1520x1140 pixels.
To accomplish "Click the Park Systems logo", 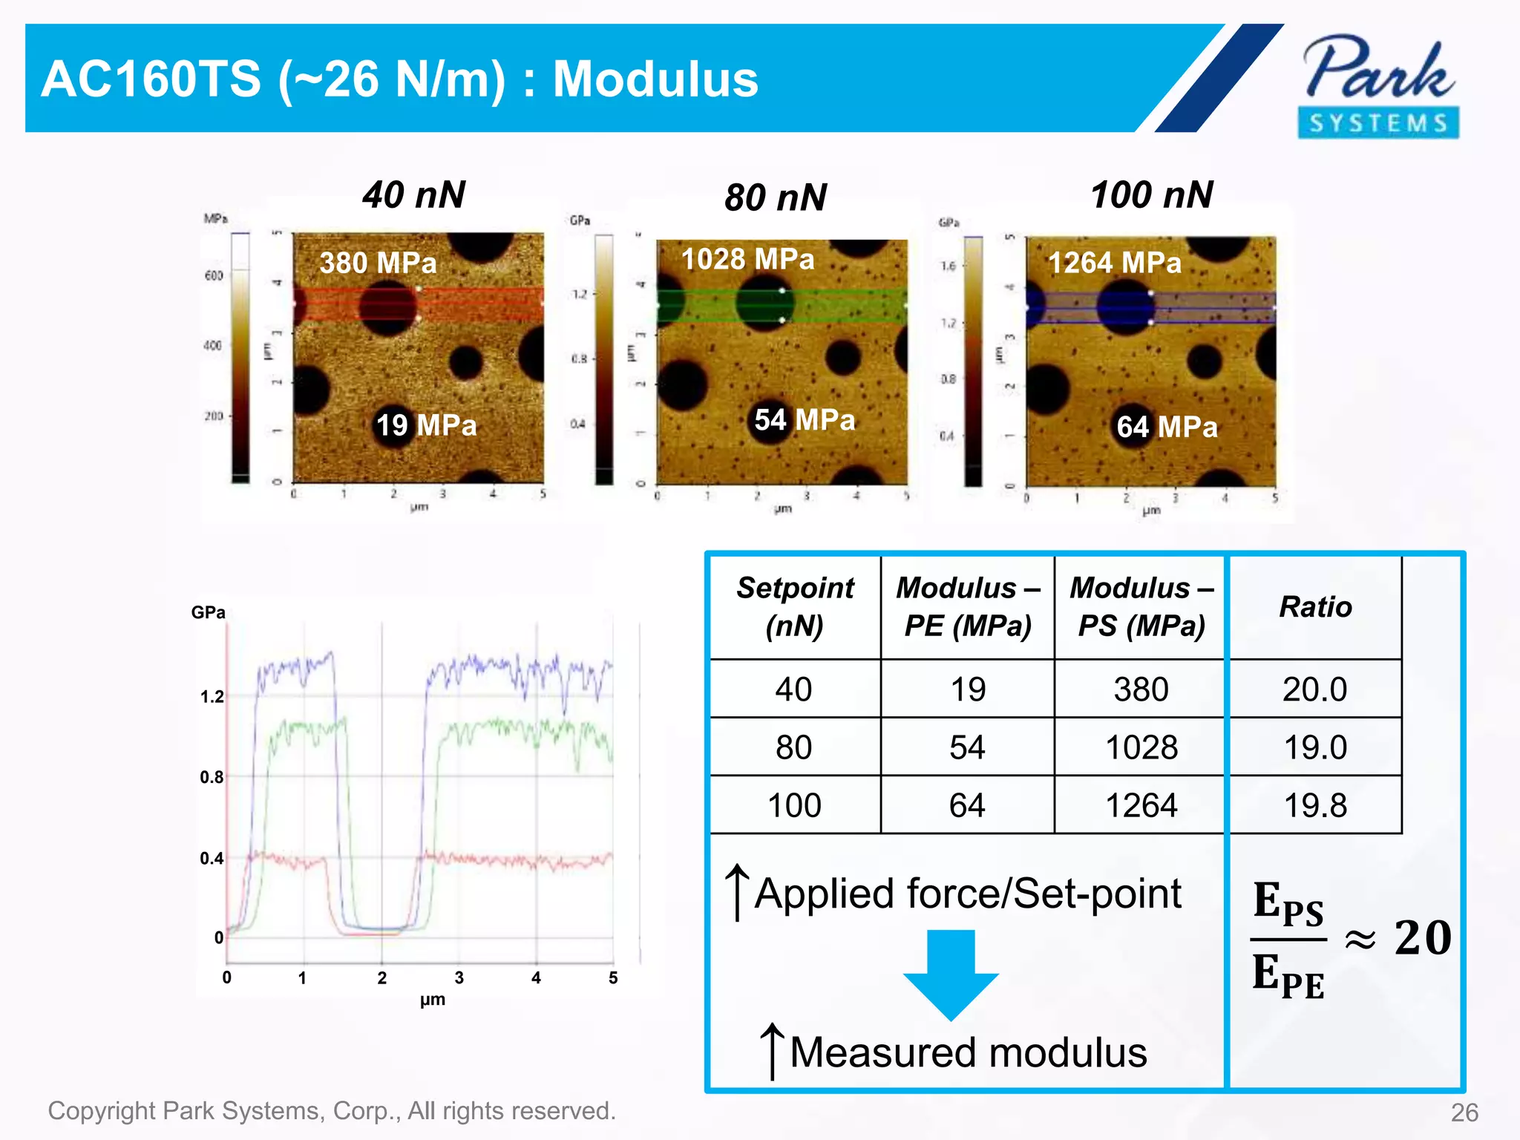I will (x=1378, y=85).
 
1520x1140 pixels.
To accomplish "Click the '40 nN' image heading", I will (x=413, y=195).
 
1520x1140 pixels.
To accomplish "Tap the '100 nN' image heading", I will (x=1151, y=195).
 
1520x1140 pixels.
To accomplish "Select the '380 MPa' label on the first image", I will (x=378, y=263).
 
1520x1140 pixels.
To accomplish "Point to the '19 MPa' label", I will (x=425, y=425).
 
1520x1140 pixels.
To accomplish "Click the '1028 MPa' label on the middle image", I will (x=747, y=259).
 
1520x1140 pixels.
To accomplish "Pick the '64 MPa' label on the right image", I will (x=1167, y=427).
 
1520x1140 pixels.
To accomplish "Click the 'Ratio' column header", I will (x=1315, y=607).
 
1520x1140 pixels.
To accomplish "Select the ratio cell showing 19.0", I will (x=1315, y=747).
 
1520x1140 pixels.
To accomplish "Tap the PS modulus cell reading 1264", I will (x=1141, y=805).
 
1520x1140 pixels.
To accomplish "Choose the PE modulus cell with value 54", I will (x=967, y=747).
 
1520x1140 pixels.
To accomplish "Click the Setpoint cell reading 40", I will (x=793, y=689).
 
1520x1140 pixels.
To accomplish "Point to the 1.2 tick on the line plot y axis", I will (x=212, y=697).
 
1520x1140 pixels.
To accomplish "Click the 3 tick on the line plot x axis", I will (x=459, y=978).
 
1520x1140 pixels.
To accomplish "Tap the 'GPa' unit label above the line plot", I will (x=208, y=612).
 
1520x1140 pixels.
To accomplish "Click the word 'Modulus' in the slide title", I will (x=655, y=79).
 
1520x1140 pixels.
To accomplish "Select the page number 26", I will (x=1464, y=1113).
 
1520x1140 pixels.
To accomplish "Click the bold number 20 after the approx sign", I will (x=1422, y=937).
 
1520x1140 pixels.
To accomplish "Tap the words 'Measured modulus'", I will (x=968, y=1052).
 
